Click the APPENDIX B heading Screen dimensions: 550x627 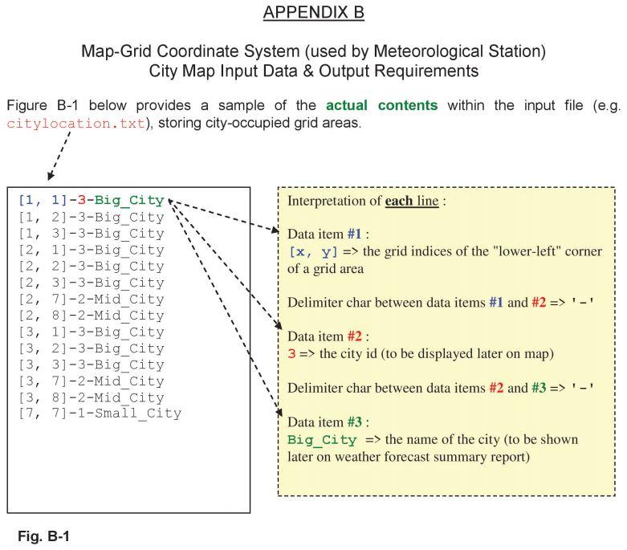(313, 13)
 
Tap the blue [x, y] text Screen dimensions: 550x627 (313, 251)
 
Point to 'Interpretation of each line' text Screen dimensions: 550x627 (366, 201)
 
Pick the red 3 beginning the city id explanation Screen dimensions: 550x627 (291, 353)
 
